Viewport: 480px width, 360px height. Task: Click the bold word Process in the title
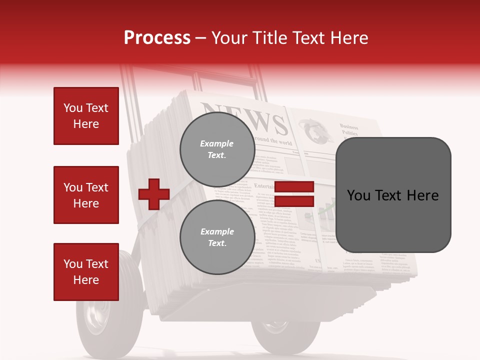pyautogui.click(x=157, y=37)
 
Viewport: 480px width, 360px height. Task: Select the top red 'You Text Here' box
pyautogui.click(x=86, y=116)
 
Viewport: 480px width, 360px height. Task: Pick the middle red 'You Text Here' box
pyautogui.click(x=86, y=195)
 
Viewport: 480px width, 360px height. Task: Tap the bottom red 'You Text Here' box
pyautogui.click(x=86, y=272)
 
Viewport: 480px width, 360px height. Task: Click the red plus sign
pyautogui.click(x=154, y=194)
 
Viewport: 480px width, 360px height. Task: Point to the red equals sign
pyautogui.click(x=294, y=194)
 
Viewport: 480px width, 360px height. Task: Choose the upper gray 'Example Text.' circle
pyautogui.click(x=217, y=149)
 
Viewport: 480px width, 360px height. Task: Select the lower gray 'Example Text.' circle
pyautogui.click(x=217, y=237)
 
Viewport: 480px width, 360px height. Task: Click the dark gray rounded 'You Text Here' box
pyautogui.click(x=393, y=195)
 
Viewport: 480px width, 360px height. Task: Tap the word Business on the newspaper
pyautogui.click(x=349, y=127)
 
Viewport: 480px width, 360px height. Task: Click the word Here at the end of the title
pyautogui.click(x=348, y=37)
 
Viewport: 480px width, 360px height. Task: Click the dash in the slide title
pyautogui.click(x=201, y=37)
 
